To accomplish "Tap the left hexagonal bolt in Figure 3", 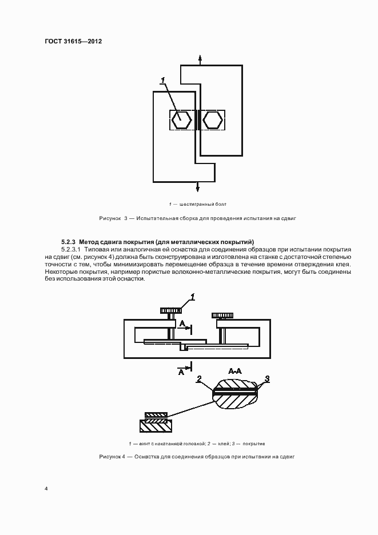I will [x=182, y=120].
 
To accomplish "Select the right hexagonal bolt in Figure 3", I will [x=212, y=120].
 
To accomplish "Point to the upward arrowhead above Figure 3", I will [x=200, y=58].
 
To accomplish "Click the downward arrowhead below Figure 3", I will [x=197, y=188].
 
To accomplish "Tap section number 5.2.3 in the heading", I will [x=69, y=242].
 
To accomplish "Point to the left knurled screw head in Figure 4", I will [x=170, y=310].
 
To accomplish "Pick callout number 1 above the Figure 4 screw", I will [x=193, y=297].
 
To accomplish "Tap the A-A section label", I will [x=235, y=371].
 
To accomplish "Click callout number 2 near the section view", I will [x=198, y=379].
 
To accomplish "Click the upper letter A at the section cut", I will [x=182, y=324].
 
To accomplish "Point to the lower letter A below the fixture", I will [x=181, y=372].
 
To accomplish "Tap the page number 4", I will [x=46, y=489].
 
